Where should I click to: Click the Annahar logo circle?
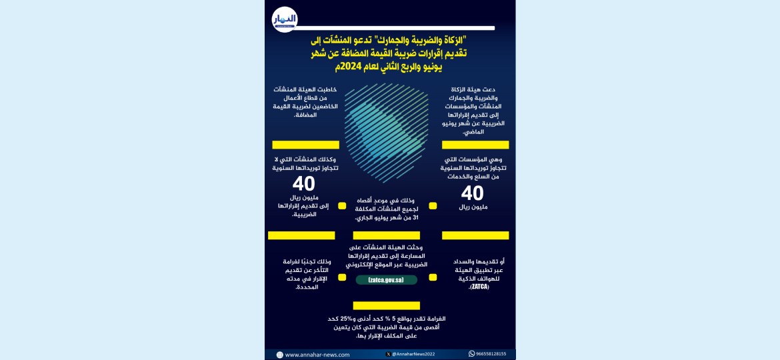click(x=284, y=19)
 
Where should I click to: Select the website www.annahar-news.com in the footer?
click(x=317, y=355)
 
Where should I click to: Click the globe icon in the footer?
click(x=279, y=355)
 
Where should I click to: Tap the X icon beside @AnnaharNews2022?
click(x=388, y=354)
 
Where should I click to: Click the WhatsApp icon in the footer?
click(x=471, y=354)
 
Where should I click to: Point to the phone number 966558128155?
click(x=491, y=354)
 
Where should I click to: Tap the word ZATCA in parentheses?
click(x=479, y=287)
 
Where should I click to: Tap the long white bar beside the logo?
click(x=397, y=28)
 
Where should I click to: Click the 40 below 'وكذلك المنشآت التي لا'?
click(x=304, y=185)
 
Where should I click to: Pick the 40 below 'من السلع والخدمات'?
click(x=473, y=193)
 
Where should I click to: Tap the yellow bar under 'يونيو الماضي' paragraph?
click(x=475, y=145)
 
